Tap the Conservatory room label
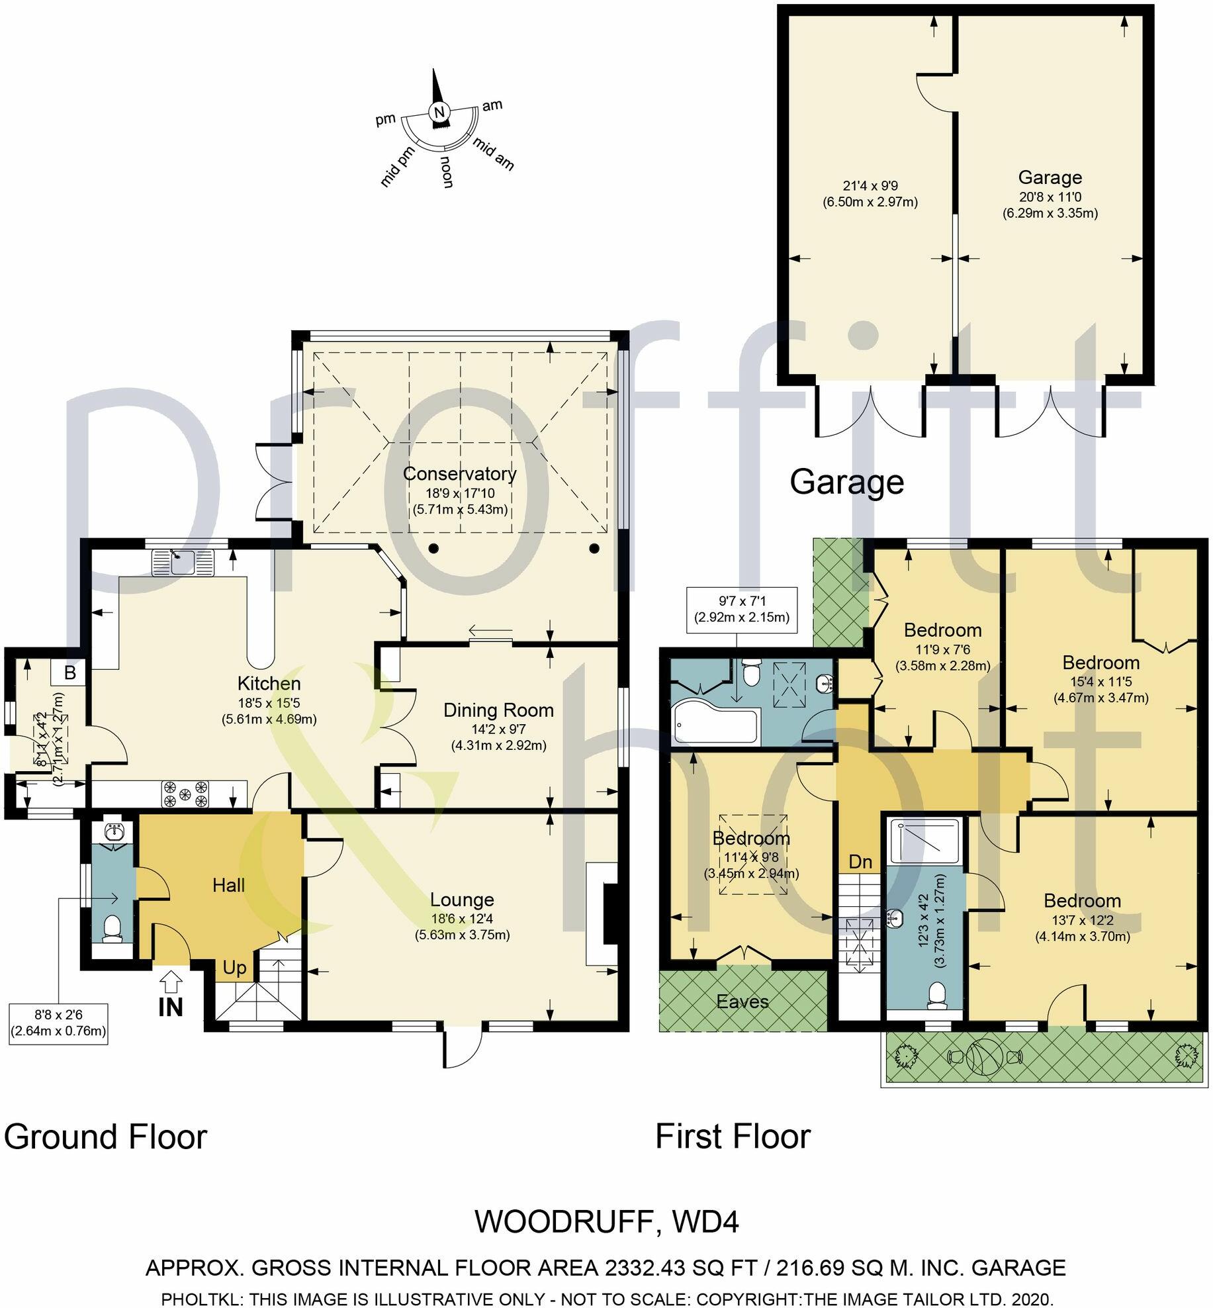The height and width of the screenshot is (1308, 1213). pyautogui.click(x=459, y=474)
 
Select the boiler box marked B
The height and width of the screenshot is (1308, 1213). pyautogui.click(x=69, y=673)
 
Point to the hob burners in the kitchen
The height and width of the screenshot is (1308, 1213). pyautogui.click(x=186, y=794)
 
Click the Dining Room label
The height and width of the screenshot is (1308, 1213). pyautogui.click(x=498, y=710)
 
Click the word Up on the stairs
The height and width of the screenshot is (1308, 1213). pyautogui.click(x=234, y=968)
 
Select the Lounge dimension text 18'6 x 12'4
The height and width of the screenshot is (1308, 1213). pyautogui.click(x=462, y=919)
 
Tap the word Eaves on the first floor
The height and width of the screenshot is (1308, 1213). pyautogui.click(x=742, y=1002)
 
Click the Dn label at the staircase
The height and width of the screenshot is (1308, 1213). pyautogui.click(x=860, y=862)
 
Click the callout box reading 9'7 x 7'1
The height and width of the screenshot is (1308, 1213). pyautogui.click(x=742, y=609)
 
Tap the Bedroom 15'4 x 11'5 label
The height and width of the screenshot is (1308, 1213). pyautogui.click(x=1101, y=663)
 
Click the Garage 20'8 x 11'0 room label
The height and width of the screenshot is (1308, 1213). pyautogui.click(x=1050, y=177)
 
